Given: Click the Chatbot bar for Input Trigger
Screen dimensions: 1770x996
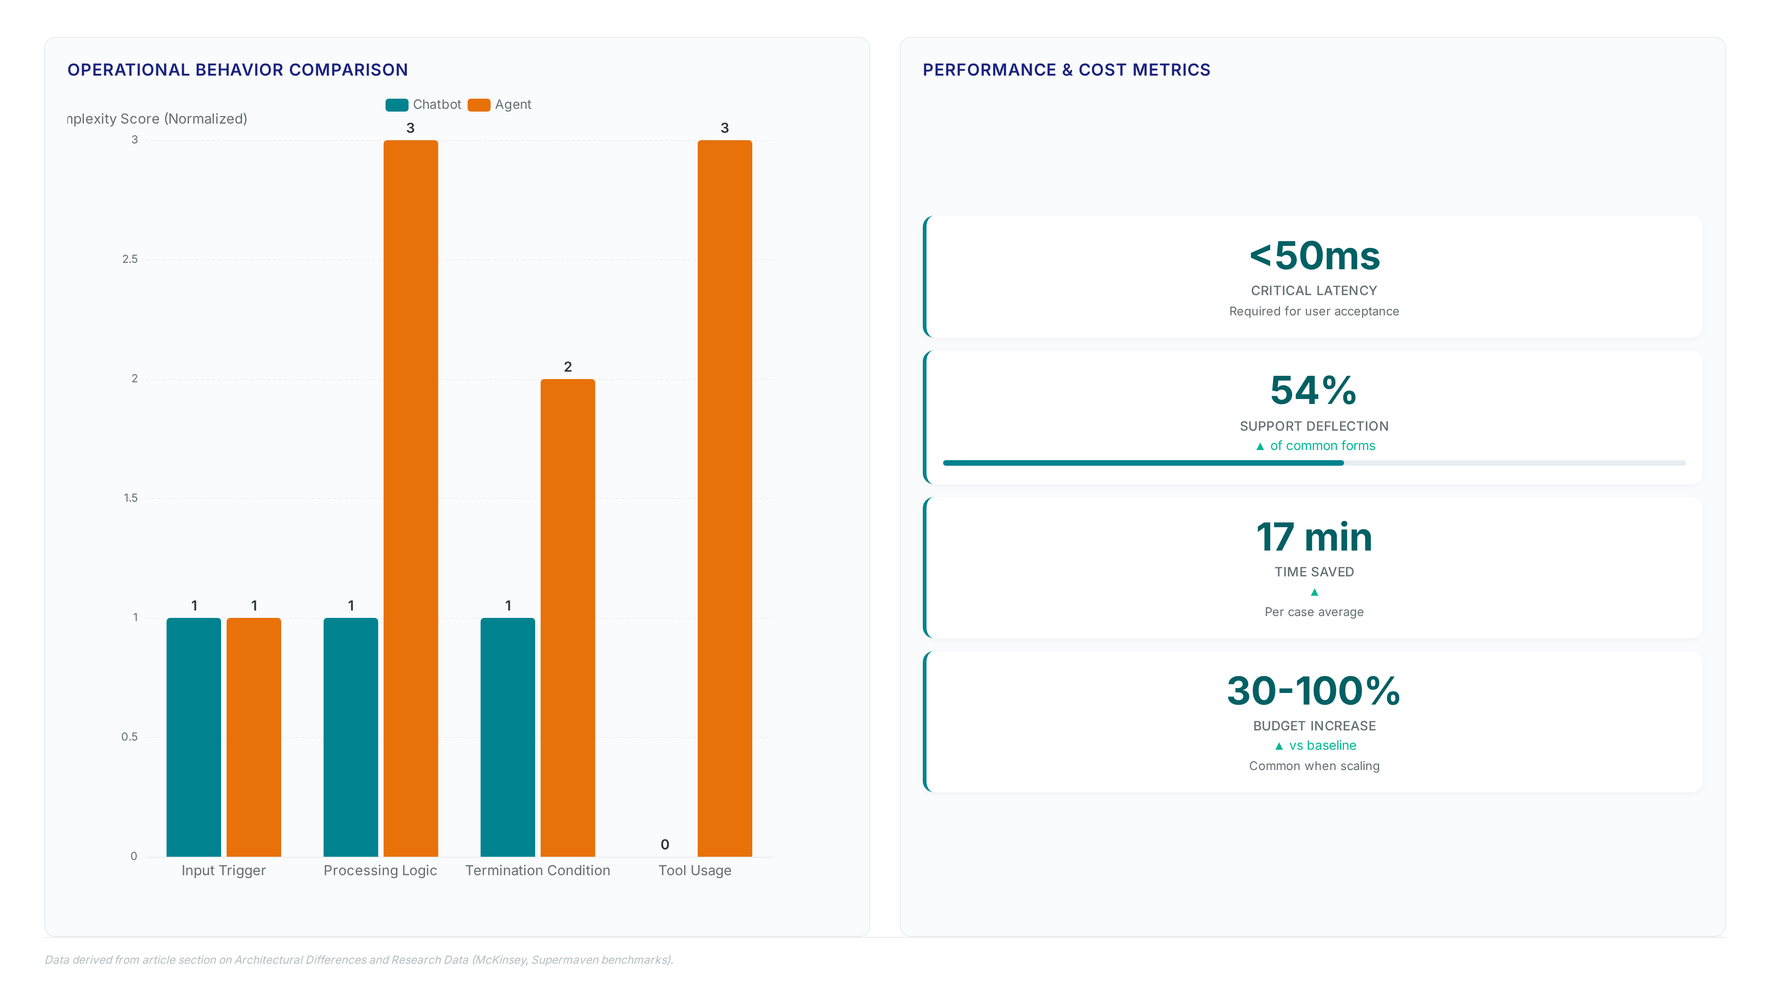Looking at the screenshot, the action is tap(194, 737).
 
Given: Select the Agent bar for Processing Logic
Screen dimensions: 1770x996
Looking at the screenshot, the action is tap(411, 498).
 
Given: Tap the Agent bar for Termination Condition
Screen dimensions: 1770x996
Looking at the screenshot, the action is tap(567, 618).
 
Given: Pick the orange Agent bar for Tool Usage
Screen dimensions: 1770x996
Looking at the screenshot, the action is tap(725, 498).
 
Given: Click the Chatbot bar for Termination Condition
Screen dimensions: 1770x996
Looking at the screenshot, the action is tap(508, 737).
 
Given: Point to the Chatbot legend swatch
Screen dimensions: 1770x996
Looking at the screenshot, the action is tap(396, 105).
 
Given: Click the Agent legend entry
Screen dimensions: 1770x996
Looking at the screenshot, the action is tap(500, 105).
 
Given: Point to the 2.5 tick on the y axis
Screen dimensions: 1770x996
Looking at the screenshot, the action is tap(130, 259).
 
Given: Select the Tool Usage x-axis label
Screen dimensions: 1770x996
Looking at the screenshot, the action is tap(695, 870).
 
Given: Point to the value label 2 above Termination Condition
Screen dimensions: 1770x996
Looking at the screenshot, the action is tap(567, 367).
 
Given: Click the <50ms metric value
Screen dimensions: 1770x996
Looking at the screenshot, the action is tap(1314, 256).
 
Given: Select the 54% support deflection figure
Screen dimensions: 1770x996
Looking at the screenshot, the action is tap(1314, 391).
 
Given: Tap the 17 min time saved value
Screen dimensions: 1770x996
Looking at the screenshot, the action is tap(1314, 537).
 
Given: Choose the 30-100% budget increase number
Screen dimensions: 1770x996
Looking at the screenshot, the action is tap(1314, 691).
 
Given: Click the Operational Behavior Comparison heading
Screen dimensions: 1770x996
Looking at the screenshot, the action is tap(238, 70).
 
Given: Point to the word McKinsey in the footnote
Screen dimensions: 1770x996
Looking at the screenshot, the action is tap(500, 960).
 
